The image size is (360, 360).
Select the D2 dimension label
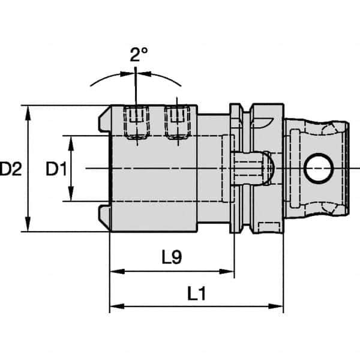click(x=11, y=170)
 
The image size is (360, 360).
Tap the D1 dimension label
click(x=56, y=170)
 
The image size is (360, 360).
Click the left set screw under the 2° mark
click(x=137, y=123)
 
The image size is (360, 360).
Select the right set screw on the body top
click(x=176, y=123)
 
